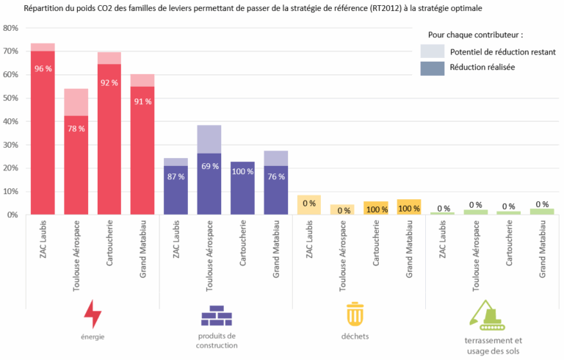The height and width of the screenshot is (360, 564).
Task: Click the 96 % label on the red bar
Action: point(43,69)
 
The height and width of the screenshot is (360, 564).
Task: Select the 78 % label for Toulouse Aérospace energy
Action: point(76,129)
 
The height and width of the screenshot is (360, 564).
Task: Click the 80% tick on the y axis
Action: point(11,28)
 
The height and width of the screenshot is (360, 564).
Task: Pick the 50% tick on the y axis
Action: point(11,98)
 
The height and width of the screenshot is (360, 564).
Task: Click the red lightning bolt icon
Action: point(93,314)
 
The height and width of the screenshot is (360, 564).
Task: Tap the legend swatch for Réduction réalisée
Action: point(432,68)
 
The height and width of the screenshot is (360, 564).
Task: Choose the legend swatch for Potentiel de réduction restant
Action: point(432,51)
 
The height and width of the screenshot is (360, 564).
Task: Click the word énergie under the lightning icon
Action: point(93,336)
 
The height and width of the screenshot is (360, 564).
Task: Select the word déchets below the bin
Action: point(355,336)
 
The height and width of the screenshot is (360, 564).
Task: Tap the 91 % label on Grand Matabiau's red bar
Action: point(142,101)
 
